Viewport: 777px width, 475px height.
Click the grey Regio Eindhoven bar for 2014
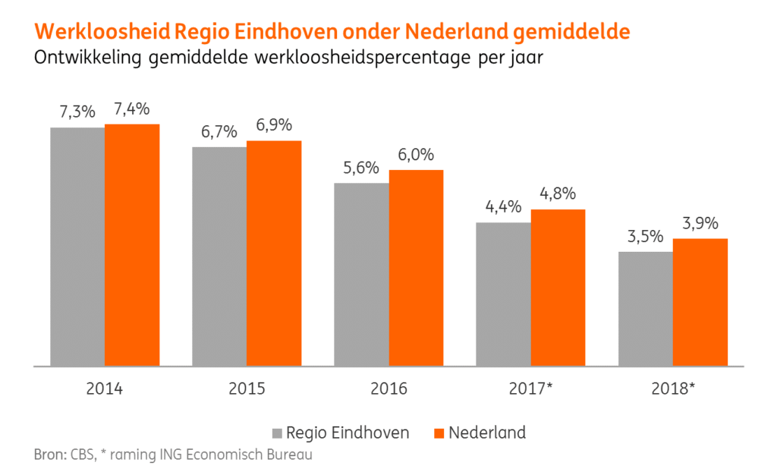(77, 247)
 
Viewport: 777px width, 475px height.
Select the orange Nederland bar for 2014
(132, 244)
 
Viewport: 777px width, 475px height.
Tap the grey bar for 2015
(219, 256)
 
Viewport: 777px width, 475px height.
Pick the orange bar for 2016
(416, 268)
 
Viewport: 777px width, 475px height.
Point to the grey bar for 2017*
(503, 294)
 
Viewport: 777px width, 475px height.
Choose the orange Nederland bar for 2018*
(700, 302)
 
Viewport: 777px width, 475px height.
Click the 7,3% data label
(77, 112)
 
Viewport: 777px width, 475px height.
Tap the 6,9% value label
(273, 125)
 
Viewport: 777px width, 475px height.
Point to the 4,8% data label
(558, 193)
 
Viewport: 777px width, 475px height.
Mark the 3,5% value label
(646, 237)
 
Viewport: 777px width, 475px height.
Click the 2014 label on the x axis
(105, 389)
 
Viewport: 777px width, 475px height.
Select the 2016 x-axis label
(388, 389)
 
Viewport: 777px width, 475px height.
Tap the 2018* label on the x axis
(673, 389)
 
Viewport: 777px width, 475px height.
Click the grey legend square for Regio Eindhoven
(278, 433)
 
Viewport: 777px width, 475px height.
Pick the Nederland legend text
(486, 433)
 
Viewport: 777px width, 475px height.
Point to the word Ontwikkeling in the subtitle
(89, 58)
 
